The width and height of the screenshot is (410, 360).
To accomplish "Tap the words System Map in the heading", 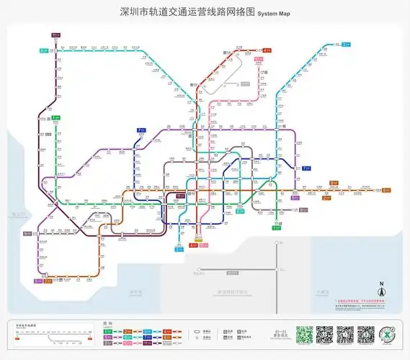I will (x=274, y=13).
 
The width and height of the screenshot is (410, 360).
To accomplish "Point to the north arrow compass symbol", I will (x=382, y=292).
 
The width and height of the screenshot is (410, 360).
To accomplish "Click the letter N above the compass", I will (x=382, y=284).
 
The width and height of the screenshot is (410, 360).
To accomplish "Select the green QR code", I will (x=305, y=335).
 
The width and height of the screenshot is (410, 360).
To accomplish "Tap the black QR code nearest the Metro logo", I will (x=367, y=335).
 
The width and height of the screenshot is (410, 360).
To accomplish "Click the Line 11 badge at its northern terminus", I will (x=56, y=35).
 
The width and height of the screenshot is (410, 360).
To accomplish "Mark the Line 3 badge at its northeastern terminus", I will (x=346, y=45).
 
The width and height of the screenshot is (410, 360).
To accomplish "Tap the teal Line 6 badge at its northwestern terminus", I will (x=44, y=50).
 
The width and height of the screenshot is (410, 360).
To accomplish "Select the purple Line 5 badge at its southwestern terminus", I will (x=37, y=281).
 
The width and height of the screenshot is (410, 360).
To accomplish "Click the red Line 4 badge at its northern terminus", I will (x=267, y=50).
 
